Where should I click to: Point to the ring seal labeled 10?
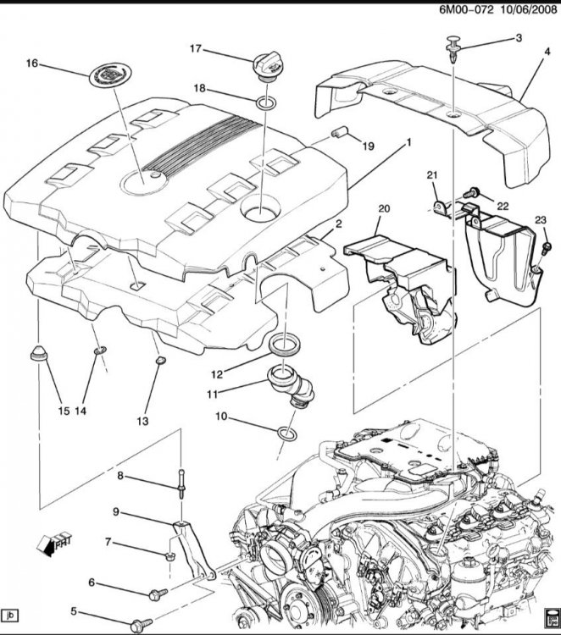[286, 434]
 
